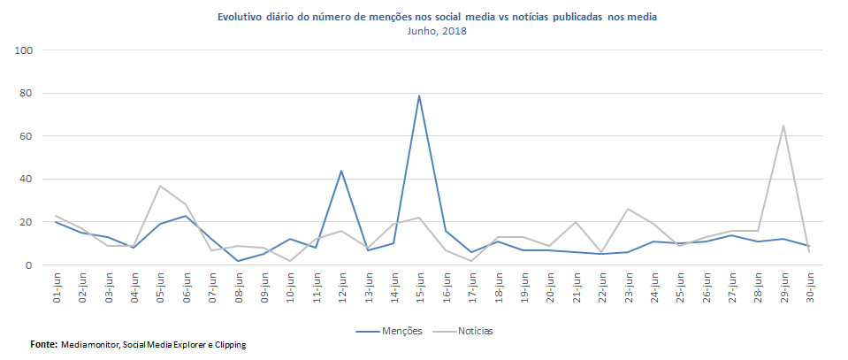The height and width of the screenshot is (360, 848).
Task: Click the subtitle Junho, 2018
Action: (x=437, y=31)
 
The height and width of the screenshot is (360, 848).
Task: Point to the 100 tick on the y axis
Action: (x=24, y=50)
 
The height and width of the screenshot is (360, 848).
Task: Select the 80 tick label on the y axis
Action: (x=27, y=93)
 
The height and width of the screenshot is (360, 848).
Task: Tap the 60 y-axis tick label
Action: (x=27, y=136)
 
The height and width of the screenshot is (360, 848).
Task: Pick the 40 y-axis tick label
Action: (x=27, y=179)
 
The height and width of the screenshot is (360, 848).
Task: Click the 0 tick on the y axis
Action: (x=30, y=265)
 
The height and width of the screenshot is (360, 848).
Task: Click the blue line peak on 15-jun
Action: (x=419, y=96)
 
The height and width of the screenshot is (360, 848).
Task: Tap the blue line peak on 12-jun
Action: (x=341, y=171)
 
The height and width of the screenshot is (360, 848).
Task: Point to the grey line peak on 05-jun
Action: (x=160, y=186)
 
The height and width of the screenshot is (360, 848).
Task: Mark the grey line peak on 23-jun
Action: (x=628, y=210)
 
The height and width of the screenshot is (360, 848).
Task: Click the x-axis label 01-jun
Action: (x=57, y=288)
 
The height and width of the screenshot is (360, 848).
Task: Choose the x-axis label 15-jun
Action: (x=419, y=288)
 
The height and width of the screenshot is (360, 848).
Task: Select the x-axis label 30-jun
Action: (x=808, y=288)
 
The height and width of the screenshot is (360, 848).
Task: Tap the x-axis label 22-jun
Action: (x=601, y=288)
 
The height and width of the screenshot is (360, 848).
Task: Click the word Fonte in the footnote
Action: (x=42, y=344)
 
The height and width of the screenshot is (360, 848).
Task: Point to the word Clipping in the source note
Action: (x=227, y=345)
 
